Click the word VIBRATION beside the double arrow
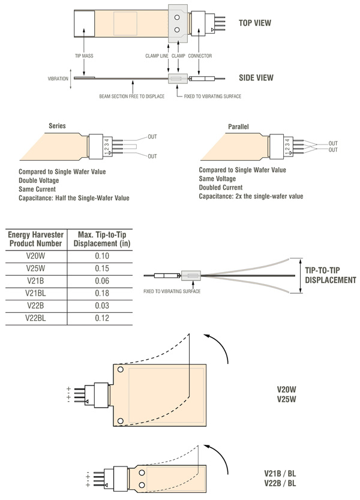click(x=58, y=79)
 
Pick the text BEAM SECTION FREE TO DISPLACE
click(x=130, y=96)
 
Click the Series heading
click(x=57, y=126)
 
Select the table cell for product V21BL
click(x=36, y=294)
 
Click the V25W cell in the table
click(x=36, y=268)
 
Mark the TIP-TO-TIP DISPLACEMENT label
click(x=331, y=275)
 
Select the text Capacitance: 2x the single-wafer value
click(x=251, y=196)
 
